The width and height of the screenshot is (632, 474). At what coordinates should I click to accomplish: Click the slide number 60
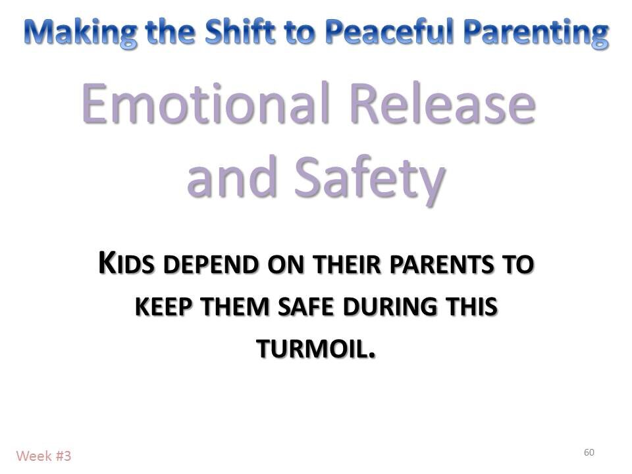click(589, 452)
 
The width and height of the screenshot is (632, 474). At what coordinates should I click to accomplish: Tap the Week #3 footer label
click(43, 455)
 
